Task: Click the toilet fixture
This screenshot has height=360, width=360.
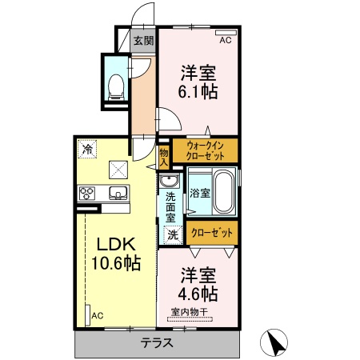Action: (x=116, y=87)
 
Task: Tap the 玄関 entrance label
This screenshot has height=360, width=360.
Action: (x=144, y=41)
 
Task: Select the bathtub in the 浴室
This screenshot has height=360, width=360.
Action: (x=225, y=192)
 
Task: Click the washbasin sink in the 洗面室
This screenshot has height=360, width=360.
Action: (x=169, y=181)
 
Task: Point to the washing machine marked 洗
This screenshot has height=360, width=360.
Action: (x=173, y=234)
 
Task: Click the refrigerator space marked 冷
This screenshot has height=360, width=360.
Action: (x=87, y=149)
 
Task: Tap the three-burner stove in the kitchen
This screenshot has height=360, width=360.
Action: (x=87, y=194)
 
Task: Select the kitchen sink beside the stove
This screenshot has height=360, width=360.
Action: (x=118, y=193)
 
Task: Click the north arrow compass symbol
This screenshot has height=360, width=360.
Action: (x=274, y=342)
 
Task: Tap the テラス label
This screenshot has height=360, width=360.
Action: (x=157, y=342)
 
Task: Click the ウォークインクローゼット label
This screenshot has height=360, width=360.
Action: (x=205, y=151)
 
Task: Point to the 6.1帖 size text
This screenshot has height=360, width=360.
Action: (x=198, y=92)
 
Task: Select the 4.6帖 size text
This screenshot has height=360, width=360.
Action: (x=198, y=294)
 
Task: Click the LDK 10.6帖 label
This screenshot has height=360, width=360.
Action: (x=116, y=254)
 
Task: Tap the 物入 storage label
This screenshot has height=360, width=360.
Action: (x=164, y=158)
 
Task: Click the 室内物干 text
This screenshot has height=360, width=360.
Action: (x=190, y=312)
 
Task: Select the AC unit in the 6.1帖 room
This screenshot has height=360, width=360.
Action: (x=226, y=33)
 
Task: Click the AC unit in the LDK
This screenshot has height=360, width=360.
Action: (x=87, y=315)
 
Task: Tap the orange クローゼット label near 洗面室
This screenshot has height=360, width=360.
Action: (x=212, y=233)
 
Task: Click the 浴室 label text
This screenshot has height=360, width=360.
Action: (x=200, y=193)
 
